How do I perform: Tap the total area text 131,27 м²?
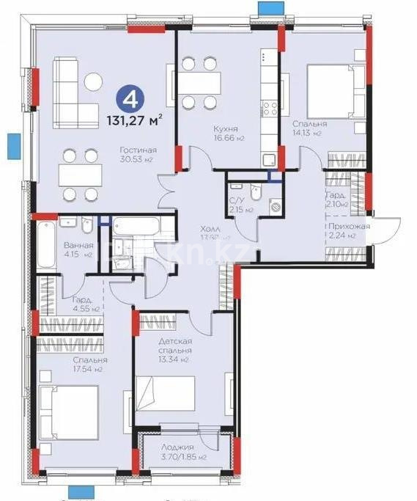(x=132, y=119)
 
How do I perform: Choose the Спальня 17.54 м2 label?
(x=90, y=365)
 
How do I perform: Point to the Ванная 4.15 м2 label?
(x=78, y=250)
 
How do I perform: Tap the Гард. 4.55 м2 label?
(x=83, y=304)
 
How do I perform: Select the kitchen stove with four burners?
(x=270, y=109)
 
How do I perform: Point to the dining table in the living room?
(x=80, y=175)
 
